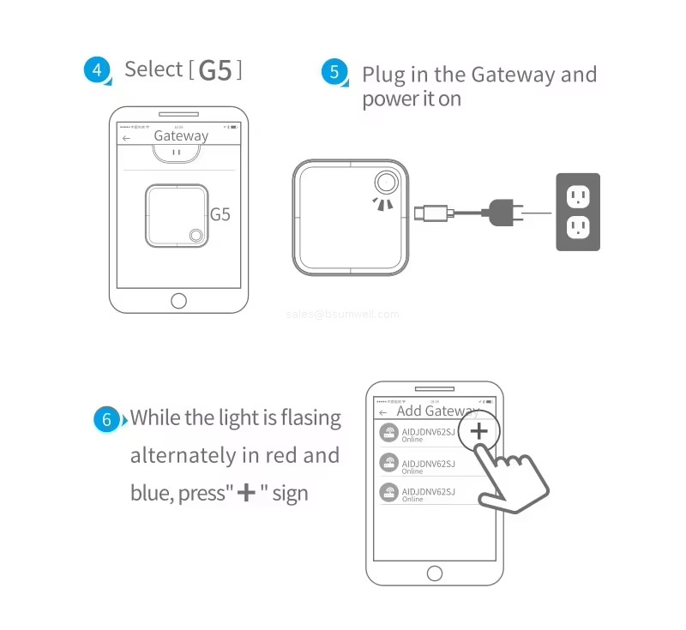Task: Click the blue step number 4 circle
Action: [97, 70]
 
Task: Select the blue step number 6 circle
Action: [107, 419]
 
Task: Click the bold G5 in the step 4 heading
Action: [214, 70]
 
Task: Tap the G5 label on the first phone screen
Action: [220, 214]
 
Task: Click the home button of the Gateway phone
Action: [178, 301]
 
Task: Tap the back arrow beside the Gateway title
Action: [127, 137]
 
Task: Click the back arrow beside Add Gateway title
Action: [382, 412]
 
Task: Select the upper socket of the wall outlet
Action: [578, 196]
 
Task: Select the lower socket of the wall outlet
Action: [578, 227]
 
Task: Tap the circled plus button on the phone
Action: [479, 431]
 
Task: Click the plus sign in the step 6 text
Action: [246, 493]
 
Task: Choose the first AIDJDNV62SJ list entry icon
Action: [389, 435]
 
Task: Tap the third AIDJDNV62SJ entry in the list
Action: [429, 493]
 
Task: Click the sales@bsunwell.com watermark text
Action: [342, 315]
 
